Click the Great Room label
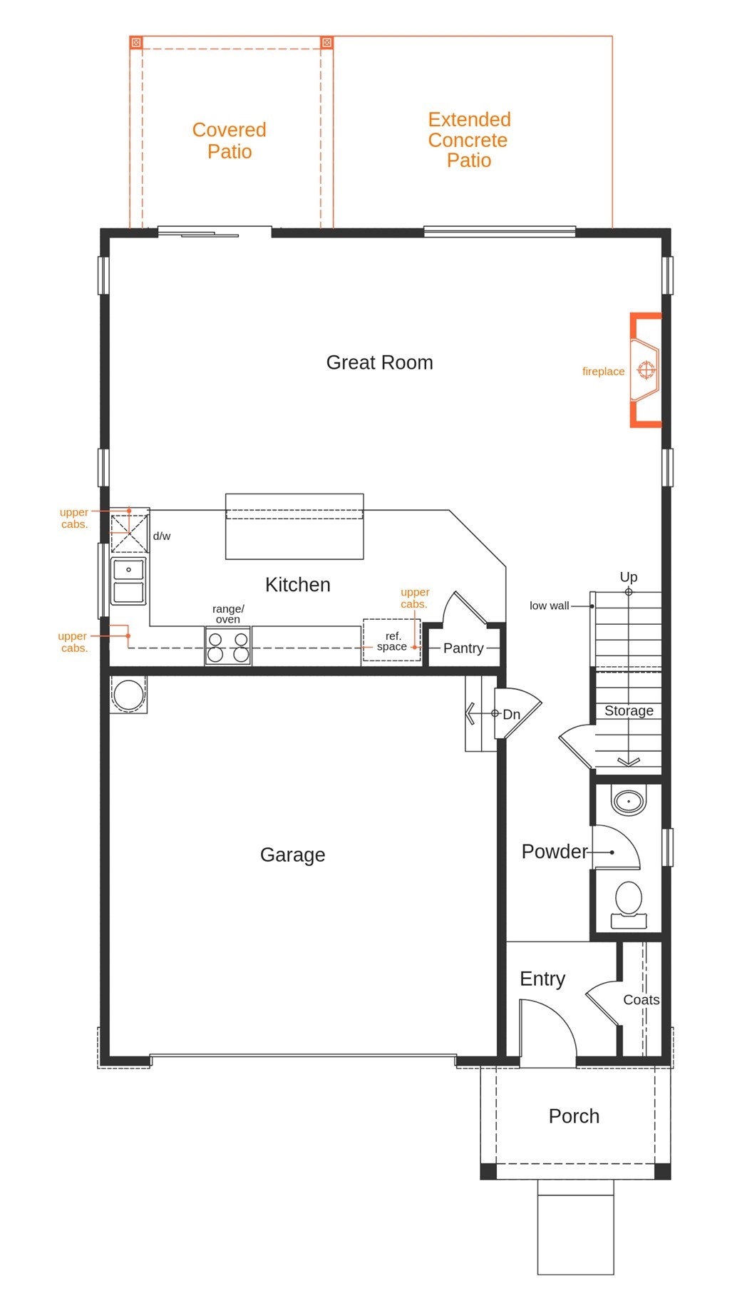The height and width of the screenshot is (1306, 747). pyautogui.click(x=379, y=362)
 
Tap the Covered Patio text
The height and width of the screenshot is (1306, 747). pyautogui.click(x=230, y=141)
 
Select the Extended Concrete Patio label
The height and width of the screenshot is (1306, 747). pyautogui.click(x=469, y=140)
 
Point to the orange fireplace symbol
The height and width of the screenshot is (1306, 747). pyautogui.click(x=646, y=370)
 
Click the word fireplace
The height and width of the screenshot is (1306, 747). pyautogui.click(x=603, y=371)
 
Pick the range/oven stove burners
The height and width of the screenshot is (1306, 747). pyautogui.click(x=228, y=646)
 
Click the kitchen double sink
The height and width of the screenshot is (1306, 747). pyautogui.click(x=128, y=581)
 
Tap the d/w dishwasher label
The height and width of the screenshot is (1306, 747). pyautogui.click(x=162, y=536)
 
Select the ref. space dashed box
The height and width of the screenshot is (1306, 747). pyautogui.click(x=391, y=640)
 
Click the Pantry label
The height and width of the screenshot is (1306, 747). pyautogui.click(x=463, y=648)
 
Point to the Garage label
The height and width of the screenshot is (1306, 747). pyautogui.click(x=292, y=854)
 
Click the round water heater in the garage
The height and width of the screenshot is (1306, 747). pyautogui.click(x=129, y=694)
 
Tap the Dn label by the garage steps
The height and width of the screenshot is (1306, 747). pyautogui.click(x=511, y=714)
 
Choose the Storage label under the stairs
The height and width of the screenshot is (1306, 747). pyautogui.click(x=629, y=710)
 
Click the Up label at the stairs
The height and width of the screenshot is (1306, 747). pyautogui.click(x=629, y=576)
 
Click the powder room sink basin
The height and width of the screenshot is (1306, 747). pyautogui.click(x=629, y=801)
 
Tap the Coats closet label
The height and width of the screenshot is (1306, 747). pyautogui.click(x=642, y=999)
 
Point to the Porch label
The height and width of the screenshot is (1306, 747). pyautogui.click(x=574, y=1116)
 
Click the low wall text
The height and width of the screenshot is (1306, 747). pyautogui.click(x=549, y=606)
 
